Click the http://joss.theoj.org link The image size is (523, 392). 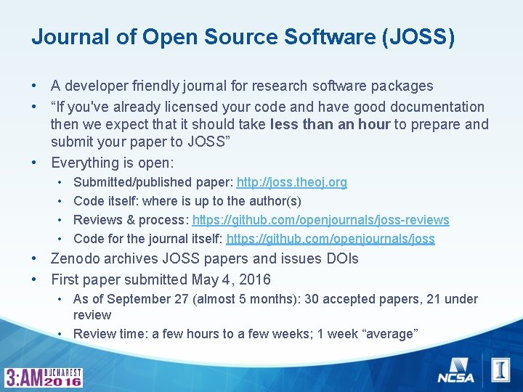[x=291, y=182]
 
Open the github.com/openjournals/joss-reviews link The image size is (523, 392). [x=320, y=220]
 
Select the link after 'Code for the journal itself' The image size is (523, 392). [x=331, y=239]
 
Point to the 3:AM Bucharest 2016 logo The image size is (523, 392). [x=44, y=377]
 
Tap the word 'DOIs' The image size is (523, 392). [x=340, y=259]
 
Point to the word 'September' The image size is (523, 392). [x=134, y=299]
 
